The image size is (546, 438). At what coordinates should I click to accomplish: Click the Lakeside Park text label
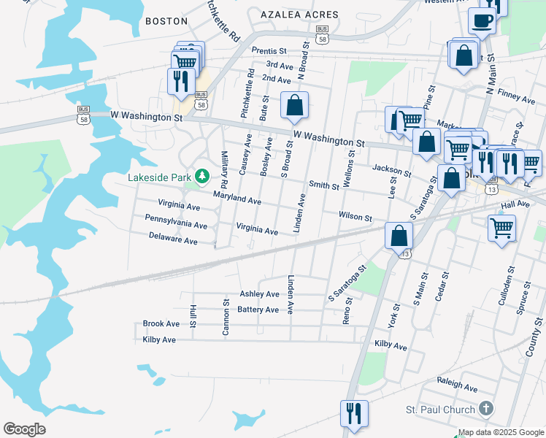coord(158,177)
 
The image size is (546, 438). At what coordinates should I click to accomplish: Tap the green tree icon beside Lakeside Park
coord(201,176)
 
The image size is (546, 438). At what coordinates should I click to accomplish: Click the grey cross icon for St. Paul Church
coord(486,408)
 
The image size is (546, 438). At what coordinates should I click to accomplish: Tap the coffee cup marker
coord(482,21)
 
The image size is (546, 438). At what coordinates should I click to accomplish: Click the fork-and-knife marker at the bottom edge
coord(354,413)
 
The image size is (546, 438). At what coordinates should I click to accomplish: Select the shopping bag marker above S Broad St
coord(294,105)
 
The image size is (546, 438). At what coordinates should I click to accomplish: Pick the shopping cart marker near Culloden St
coord(502,228)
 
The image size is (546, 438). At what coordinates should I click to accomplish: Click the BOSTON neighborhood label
coord(166,21)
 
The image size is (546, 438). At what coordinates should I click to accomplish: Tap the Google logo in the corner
coord(24,429)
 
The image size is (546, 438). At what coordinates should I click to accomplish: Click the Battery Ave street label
coord(258,310)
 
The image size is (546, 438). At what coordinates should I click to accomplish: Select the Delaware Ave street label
coord(173,240)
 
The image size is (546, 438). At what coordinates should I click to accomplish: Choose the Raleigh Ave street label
coord(457,381)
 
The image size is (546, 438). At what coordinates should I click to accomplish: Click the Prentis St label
coord(269,51)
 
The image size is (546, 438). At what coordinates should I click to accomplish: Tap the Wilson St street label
coord(355,217)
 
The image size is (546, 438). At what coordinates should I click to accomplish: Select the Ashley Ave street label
coord(260,294)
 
